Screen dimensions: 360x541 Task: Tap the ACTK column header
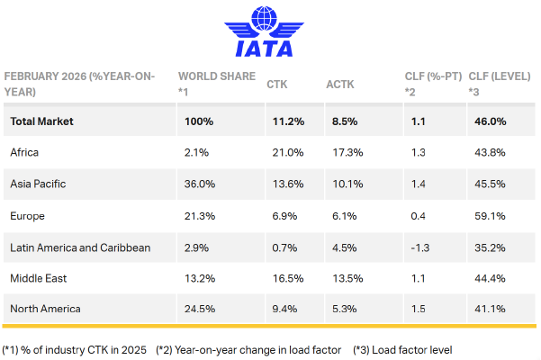(x=339, y=84)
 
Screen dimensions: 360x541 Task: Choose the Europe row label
(x=28, y=215)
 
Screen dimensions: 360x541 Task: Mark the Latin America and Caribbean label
(x=80, y=247)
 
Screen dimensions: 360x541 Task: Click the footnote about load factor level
(x=395, y=349)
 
